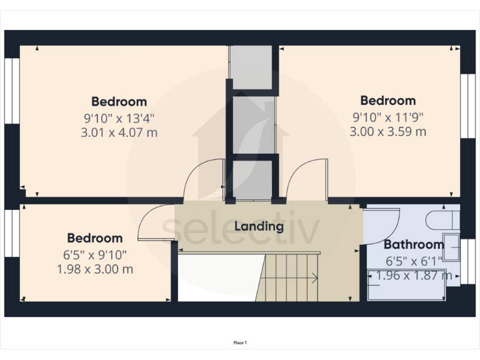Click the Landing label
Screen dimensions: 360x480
point(259,226)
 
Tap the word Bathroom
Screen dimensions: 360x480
point(414,244)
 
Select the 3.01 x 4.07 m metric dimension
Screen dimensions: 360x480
point(119,132)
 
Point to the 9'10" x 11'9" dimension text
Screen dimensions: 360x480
point(387,116)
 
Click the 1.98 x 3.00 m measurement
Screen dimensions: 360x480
point(94,269)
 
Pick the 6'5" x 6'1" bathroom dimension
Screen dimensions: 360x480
point(413,261)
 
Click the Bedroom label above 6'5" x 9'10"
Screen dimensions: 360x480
point(95,238)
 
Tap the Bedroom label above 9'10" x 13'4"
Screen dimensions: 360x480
point(119,101)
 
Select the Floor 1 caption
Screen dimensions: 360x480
point(240,342)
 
